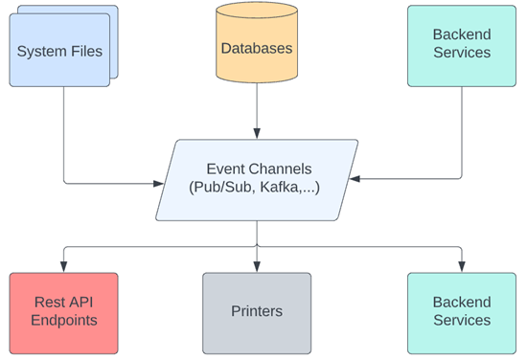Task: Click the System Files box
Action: [x=59, y=50]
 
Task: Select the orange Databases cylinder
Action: [x=257, y=42]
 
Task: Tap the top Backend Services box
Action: [x=462, y=46]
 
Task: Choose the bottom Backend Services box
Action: [x=462, y=313]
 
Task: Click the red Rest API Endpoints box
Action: [x=64, y=313]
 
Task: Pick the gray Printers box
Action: [x=257, y=313]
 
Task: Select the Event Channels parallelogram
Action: [x=257, y=180]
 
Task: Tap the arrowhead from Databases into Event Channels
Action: [x=257, y=133]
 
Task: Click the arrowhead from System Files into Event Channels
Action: [x=158, y=184]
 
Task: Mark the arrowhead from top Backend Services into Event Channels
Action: [x=355, y=179]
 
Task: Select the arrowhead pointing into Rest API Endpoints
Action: [x=64, y=266]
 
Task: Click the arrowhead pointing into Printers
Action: [x=257, y=266]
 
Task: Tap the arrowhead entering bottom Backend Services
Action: [x=462, y=266]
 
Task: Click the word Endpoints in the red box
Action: [x=64, y=320]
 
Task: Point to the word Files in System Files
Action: [x=86, y=52]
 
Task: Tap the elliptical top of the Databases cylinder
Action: [x=257, y=10]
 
